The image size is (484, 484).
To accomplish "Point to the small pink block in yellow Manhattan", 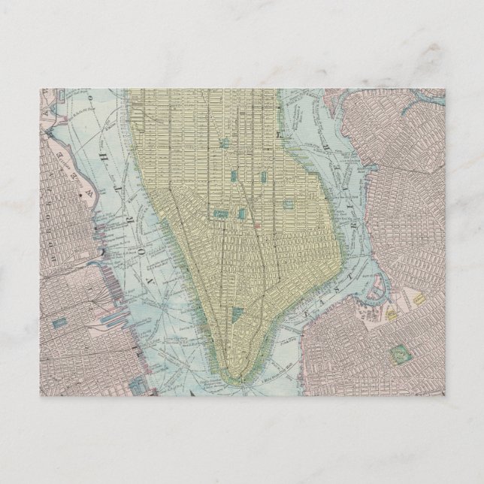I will click(257, 223).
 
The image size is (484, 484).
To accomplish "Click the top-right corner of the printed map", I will click(445, 89).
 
